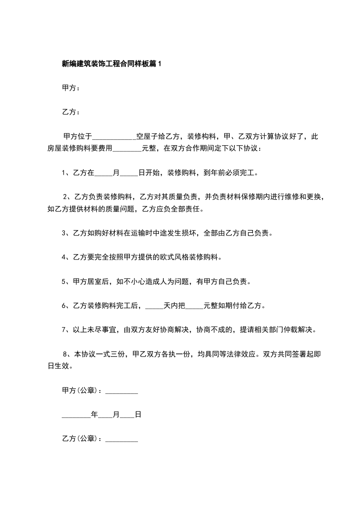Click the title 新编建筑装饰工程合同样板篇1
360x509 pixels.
(112, 64)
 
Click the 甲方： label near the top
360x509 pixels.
(71, 88)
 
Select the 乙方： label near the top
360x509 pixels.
(71, 112)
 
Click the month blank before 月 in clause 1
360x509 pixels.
(104, 173)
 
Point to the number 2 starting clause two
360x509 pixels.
(65, 197)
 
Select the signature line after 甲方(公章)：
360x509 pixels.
(121, 391)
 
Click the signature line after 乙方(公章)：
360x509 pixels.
(121, 439)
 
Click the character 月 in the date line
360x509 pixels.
(116, 415)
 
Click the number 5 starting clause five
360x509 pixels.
(64, 282)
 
